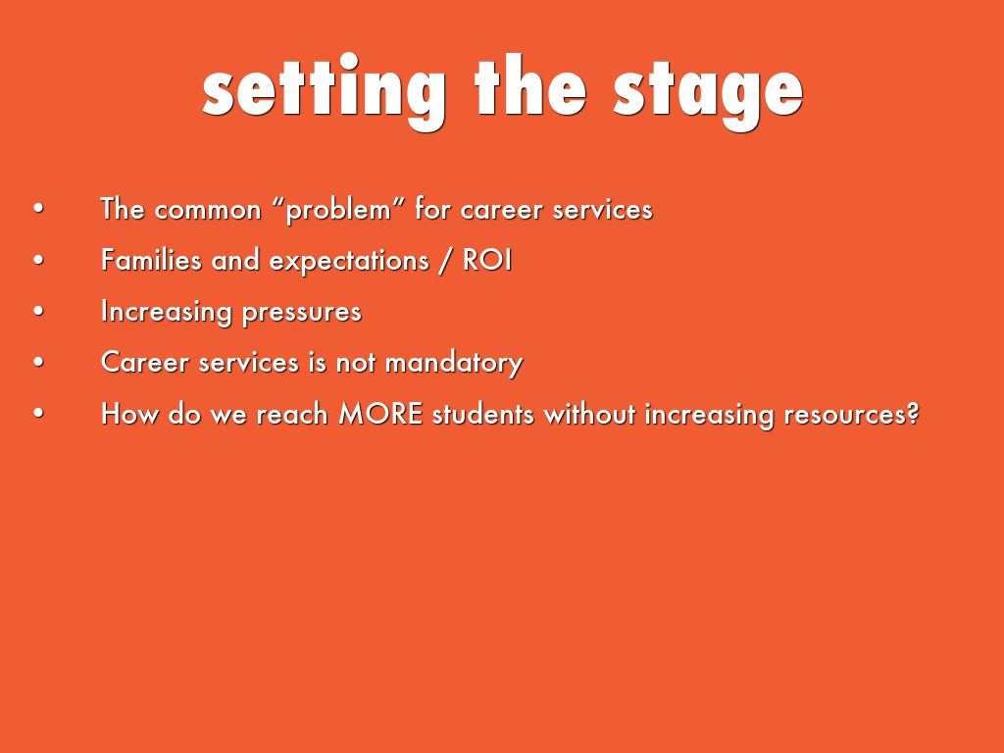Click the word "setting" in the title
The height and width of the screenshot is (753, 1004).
(324, 91)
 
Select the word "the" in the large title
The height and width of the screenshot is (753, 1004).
(530, 86)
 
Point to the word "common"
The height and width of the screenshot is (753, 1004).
(208, 211)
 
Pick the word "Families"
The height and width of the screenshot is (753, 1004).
(151, 260)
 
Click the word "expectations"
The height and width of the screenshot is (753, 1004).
(349, 262)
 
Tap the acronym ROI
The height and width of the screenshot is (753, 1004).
(487, 260)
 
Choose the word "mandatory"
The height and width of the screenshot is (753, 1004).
(454, 363)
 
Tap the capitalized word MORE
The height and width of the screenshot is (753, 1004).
(380, 414)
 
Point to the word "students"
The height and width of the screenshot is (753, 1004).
(482, 414)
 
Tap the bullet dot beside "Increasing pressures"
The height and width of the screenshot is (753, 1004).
(39, 311)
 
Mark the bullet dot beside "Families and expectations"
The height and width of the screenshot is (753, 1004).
(39, 260)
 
